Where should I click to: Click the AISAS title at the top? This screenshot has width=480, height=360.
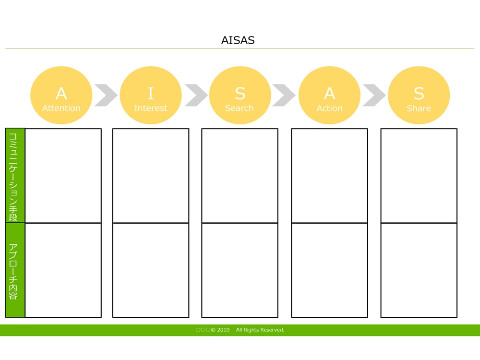(238, 40)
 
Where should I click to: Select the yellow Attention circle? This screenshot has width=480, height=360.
(61, 96)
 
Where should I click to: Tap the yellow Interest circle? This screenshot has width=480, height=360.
(151, 96)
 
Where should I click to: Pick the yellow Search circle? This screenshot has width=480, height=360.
(240, 96)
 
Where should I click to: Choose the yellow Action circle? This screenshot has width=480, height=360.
(329, 96)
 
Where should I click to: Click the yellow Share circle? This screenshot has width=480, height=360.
(419, 96)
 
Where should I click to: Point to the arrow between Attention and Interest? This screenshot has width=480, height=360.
(106, 95)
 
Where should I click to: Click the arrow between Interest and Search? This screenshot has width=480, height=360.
(196, 95)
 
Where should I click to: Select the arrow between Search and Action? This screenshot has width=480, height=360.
(284, 95)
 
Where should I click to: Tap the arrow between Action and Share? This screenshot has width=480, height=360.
(374, 95)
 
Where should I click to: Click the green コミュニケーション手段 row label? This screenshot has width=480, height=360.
(14, 176)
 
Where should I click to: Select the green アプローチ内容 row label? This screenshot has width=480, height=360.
(14, 270)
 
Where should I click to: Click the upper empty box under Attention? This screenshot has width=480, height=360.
(63, 176)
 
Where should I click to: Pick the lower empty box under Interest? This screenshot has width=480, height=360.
(151, 270)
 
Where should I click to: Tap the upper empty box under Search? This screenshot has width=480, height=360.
(240, 176)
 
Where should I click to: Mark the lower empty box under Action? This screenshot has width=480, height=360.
(329, 270)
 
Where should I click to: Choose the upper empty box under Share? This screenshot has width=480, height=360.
(419, 176)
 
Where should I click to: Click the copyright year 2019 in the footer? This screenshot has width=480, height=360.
(223, 330)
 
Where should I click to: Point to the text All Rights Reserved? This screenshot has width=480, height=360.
(260, 330)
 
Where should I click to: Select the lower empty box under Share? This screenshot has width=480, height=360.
(419, 270)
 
